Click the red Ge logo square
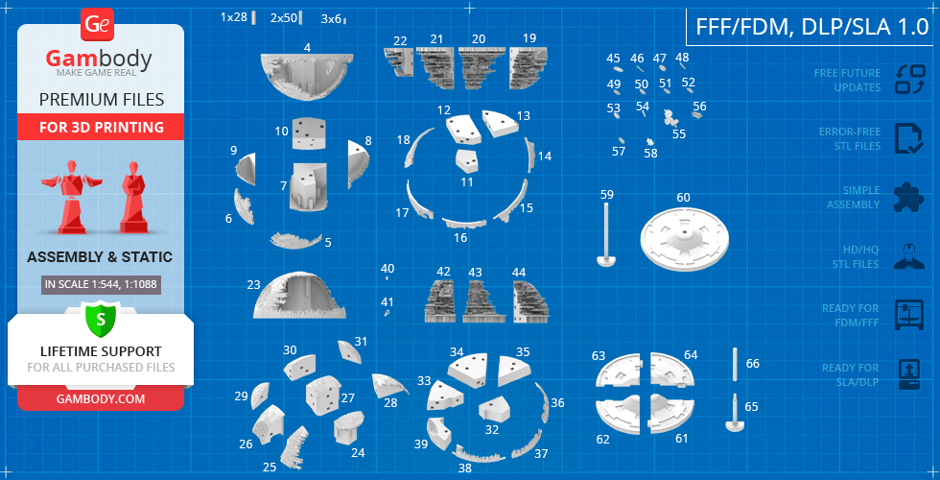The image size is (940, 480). click(97, 25)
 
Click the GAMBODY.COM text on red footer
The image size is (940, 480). click(101, 398)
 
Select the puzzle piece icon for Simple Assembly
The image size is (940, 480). click(909, 198)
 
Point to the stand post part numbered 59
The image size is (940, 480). click(606, 234)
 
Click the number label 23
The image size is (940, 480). click(253, 284)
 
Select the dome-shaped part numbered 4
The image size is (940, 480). click(306, 76)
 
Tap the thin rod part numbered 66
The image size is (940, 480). click(736, 364)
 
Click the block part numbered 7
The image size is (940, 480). click(309, 186)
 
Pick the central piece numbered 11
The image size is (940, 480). click(467, 161)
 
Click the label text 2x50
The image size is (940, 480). click(284, 18)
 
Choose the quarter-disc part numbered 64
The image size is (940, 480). click(672, 370)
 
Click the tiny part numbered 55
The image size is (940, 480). click(670, 117)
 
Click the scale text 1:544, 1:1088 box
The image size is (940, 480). click(101, 284)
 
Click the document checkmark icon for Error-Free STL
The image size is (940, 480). click(909, 138)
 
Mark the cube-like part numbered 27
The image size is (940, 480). click(323, 396)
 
